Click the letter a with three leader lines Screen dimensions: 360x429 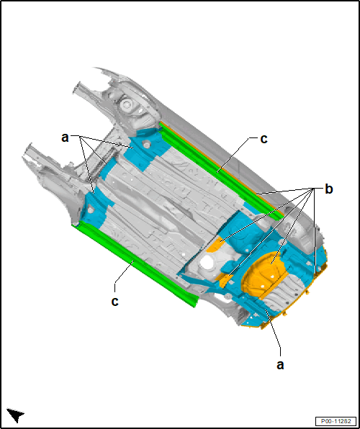coord(65,137)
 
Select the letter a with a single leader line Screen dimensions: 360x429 coord(280,365)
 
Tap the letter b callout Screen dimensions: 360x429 coord(329,189)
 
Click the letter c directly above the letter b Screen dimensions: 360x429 coord(264,139)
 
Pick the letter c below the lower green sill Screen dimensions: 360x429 coord(114,302)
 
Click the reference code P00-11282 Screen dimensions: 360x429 coord(336,421)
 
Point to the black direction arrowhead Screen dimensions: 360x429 coord(15,415)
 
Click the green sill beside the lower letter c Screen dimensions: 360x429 coord(135,264)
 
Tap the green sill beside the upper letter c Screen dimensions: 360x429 coord(219,170)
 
